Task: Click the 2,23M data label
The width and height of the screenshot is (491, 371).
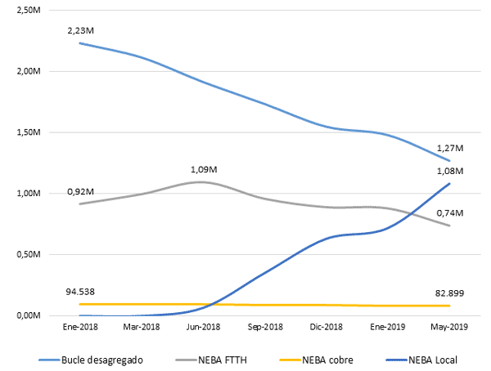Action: click(79, 30)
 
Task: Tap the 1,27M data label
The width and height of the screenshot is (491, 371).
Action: click(450, 149)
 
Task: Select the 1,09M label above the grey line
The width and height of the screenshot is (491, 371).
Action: click(202, 169)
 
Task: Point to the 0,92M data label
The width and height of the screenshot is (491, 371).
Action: click(79, 191)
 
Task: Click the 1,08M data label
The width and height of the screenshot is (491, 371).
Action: click(450, 171)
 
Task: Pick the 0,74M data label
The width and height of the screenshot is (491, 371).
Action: click(450, 213)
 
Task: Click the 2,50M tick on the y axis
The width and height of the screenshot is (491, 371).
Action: click(29, 10)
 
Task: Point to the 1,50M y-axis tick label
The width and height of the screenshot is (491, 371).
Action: click(29, 132)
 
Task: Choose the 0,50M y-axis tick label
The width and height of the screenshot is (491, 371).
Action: click(29, 254)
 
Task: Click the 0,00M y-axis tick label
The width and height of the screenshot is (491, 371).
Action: click(29, 315)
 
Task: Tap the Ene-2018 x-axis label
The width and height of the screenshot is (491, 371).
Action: click(79, 327)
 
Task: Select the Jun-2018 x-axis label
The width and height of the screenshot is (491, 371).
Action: click(202, 327)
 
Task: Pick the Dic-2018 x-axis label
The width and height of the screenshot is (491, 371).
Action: click(326, 327)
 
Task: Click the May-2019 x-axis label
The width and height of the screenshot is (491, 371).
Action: click(449, 327)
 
